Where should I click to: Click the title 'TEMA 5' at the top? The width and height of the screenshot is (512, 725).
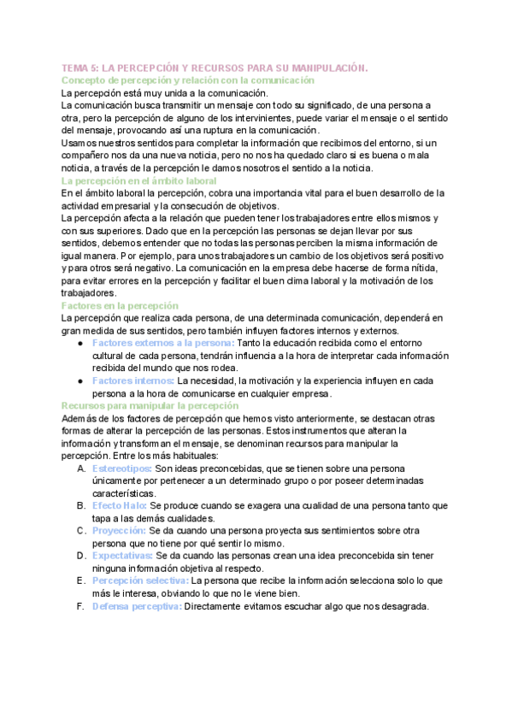79,68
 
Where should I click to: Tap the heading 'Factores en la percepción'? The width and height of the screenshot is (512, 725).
120,305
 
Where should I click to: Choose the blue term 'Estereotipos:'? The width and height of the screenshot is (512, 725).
122,469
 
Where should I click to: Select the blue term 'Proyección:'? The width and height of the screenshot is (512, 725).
119,531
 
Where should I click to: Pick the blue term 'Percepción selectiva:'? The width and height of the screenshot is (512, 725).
140,581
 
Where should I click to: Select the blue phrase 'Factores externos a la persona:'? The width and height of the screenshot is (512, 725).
162,343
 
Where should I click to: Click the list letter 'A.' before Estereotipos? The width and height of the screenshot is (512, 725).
81,469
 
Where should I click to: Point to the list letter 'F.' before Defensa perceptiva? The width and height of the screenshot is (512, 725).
80,606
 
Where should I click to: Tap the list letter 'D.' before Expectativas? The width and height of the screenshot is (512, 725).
81,556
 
